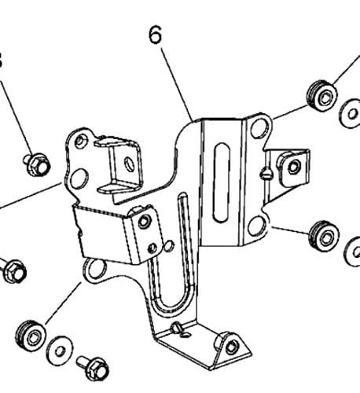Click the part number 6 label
(x=155, y=35)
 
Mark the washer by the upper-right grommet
(x=351, y=114)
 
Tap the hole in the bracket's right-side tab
(x=294, y=166)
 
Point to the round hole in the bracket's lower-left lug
(x=96, y=270)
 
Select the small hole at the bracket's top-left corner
(x=79, y=141)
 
